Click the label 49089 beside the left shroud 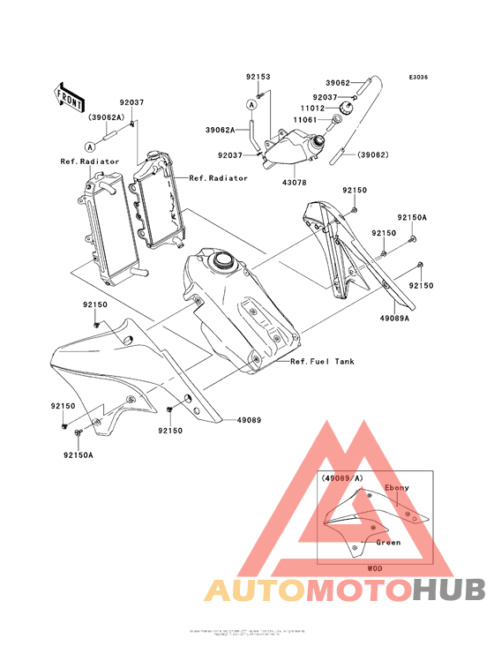pos(249,420)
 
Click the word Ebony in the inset pos(397,488)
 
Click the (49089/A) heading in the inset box pos(342,477)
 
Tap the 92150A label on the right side pos(411,217)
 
